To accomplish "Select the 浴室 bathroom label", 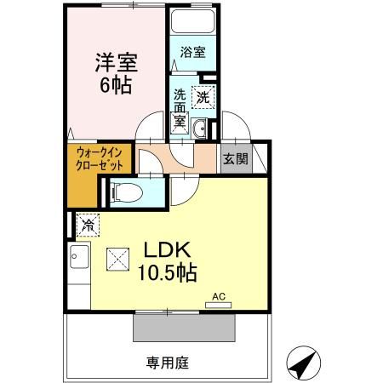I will click(192, 53).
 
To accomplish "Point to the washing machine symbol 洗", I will click(203, 97).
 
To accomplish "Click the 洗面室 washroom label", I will click(180, 107).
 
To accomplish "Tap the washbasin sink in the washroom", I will click(200, 129).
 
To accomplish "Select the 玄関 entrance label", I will click(234, 158).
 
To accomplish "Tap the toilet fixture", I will click(126, 191).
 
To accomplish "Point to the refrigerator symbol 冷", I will click(88, 226).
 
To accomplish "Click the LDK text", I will click(170, 252).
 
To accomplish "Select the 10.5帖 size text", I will click(169, 274).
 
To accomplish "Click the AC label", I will click(219, 294).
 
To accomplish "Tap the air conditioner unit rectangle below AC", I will click(219, 304).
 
